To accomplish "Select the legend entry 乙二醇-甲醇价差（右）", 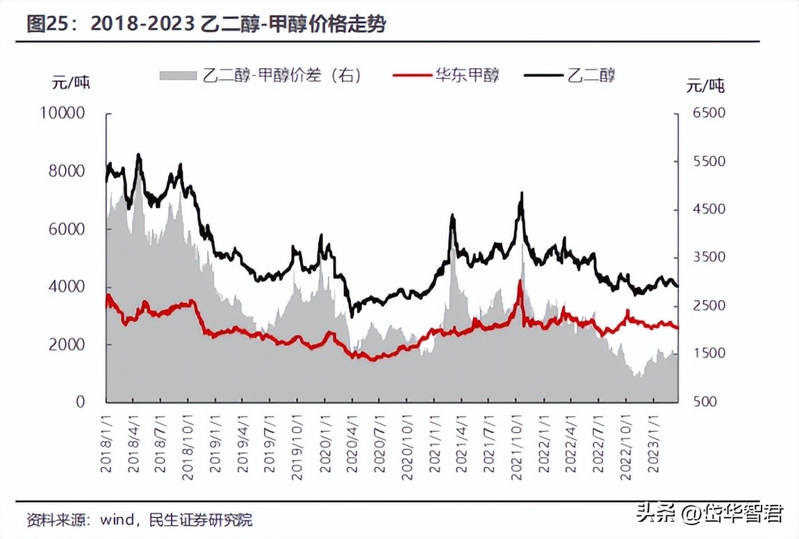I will [x=261, y=75].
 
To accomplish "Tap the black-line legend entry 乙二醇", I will [x=570, y=75].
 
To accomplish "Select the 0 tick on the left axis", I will [x=80, y=401].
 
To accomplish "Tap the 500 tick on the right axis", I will [x=701, y=401].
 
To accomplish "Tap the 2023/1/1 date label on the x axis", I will [x=652, y=444].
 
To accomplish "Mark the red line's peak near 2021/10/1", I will [x=520, y=281].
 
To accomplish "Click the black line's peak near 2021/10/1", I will [x=520, y=194].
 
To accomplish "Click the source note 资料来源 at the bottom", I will [x=139, y=519].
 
